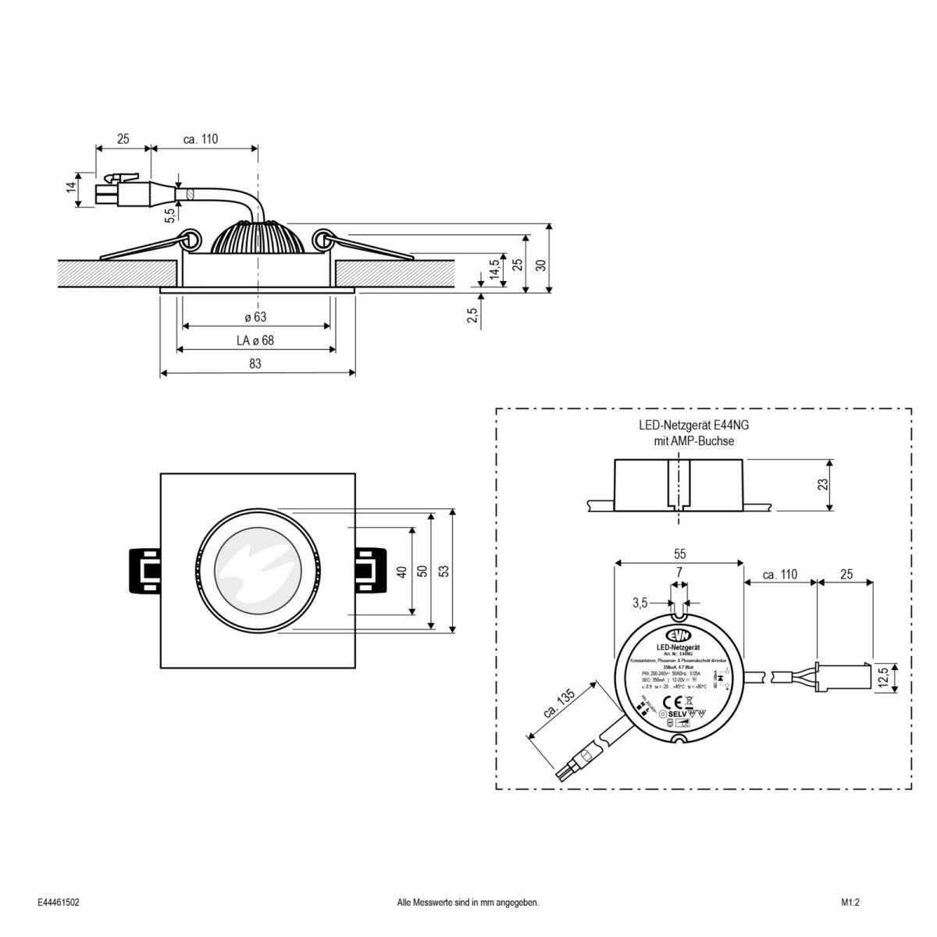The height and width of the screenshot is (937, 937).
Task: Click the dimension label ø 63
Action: click(255, 317)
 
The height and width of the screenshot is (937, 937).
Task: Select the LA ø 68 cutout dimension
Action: click(255, 340)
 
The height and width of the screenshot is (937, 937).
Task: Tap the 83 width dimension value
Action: click(255, 364)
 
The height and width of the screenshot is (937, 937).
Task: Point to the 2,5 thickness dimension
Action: click(471, 315)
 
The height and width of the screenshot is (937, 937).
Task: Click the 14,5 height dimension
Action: click(493, 271)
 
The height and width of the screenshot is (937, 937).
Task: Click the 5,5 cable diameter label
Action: click(169, 215)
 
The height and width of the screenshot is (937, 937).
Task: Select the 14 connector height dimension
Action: click(70, 188)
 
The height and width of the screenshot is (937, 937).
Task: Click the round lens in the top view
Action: click(256, 571)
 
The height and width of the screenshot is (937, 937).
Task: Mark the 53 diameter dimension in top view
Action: click(444, 571)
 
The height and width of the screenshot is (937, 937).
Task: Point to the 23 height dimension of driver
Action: click(821, 484)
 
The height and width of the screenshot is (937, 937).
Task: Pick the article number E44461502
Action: click(59, 902)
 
